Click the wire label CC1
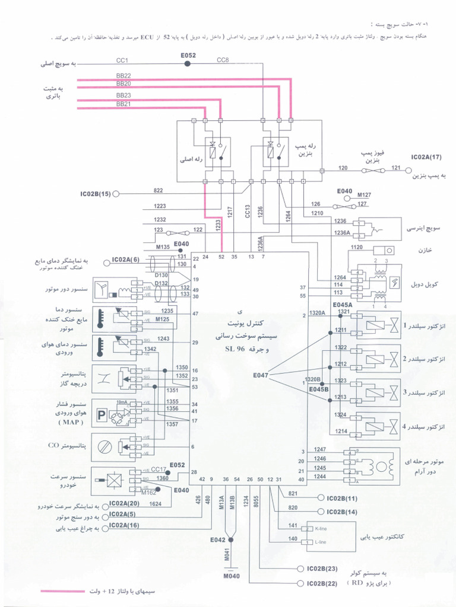coord(122,60)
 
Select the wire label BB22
coord(123,76)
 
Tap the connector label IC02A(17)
coord(426,157)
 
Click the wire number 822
coord(158,190)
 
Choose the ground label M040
coord(232,576)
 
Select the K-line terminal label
coord(321,528)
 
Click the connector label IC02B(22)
coord(322,584)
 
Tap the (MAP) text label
coord(71,422)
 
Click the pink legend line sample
coord(62,592)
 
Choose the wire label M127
coord(364,194)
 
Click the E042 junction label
coord(218,539)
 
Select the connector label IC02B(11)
coord(342,499)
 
